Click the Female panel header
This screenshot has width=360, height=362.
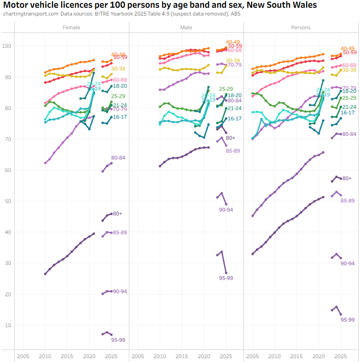[x=71, y=28]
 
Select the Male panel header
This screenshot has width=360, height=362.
[x=186, y=28]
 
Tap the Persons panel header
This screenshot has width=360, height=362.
[x=301, y=28]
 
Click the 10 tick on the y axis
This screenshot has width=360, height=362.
[x=8, y=325]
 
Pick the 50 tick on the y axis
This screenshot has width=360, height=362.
[x=8, y=201]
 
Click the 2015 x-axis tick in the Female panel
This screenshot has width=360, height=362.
[x=67, y=356]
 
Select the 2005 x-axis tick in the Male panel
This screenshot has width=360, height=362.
[x=137, y=356]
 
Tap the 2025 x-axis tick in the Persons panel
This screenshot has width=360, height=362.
[x=341, y=356]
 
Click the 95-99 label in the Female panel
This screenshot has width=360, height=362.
[x=118, y=340]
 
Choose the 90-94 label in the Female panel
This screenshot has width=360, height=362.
[x=119, y=291]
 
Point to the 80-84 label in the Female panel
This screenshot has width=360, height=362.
[x=118, y=158]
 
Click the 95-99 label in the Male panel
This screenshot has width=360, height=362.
[x=226, y=278]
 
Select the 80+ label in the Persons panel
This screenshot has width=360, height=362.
[x=347, y=178]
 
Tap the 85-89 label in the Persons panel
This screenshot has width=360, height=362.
[x=347, y=201]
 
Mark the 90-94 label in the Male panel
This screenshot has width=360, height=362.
[x=226, y=209]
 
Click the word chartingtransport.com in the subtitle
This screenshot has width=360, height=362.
[x=30, y=14]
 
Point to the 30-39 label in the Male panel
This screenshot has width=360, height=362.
[x=233, y=61]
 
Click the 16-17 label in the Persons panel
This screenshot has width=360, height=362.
[x=348, y=112]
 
